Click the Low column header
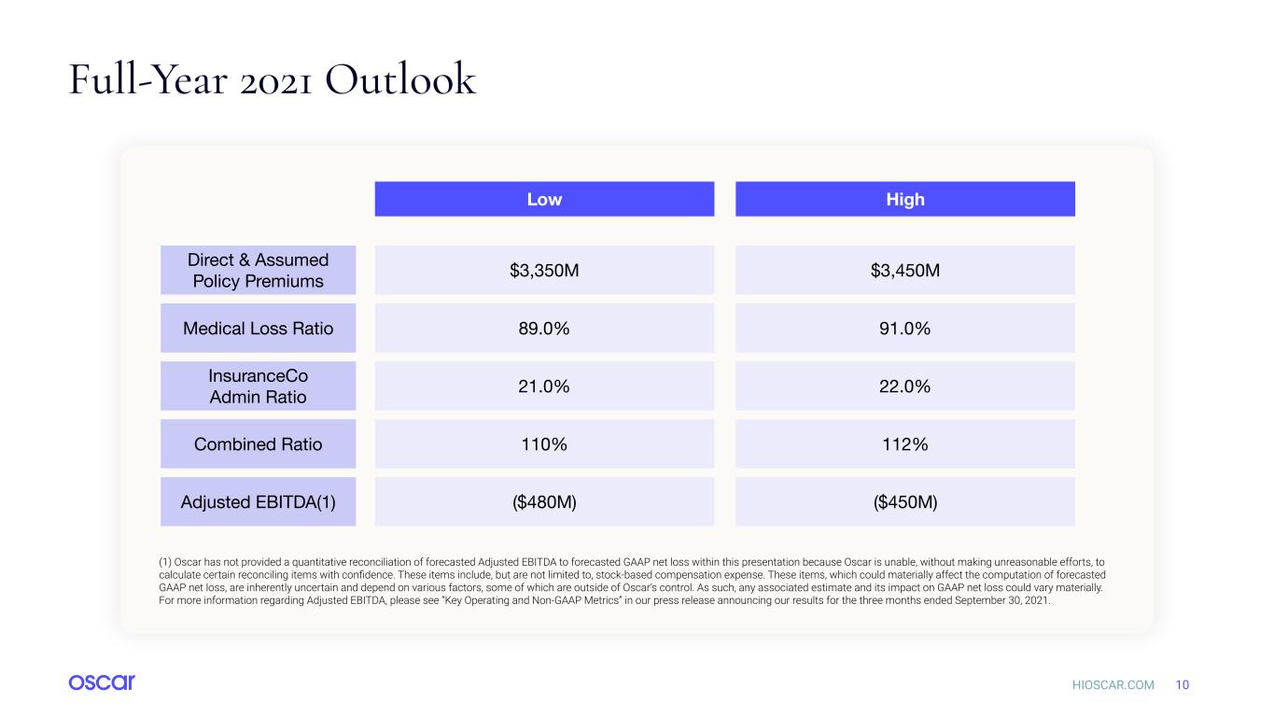[x=544, y=199]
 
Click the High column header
[x=905, y=199]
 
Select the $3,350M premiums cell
[x=544, y=270]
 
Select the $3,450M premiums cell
[x=905, y=270]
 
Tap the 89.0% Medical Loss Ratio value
[x=544, y=328]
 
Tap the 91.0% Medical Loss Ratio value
[x=905, y=328]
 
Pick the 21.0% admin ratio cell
[x=544, y=386]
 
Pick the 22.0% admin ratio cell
[x=905, y=386]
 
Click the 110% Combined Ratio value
[x=544, y=443]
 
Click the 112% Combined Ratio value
[x=905, y=443]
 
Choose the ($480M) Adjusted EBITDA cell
[x=544, y=501]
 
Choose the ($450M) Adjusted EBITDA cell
[x=905, y=501]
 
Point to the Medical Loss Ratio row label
[x=258, y=328]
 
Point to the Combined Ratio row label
[x=258, y=443]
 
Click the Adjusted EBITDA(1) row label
[x=258, y=501]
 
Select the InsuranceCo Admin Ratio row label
[x=258, y=386]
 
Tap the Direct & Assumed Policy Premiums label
[x=258, y=270]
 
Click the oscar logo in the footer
[x=102, y=682]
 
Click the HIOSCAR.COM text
[x=1113, y=684]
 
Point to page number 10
[x=1182, y=684]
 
